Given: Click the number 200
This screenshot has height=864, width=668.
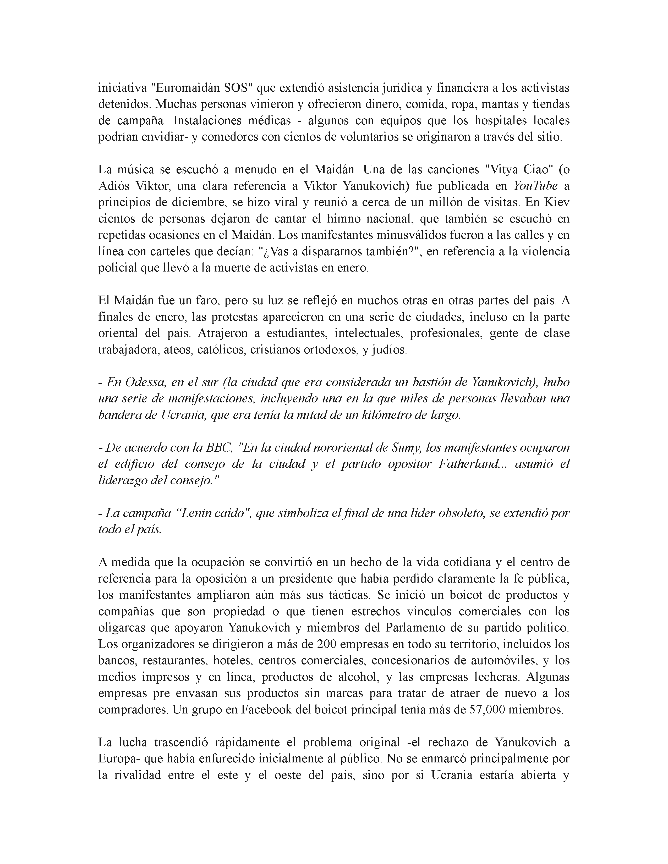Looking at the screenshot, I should point(327,644).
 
